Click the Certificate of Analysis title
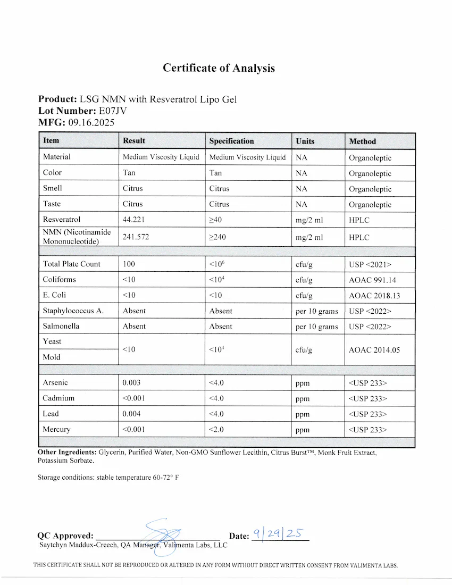click(x=219, y=68)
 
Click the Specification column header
click(x=231, y=141)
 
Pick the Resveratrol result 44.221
click(x=133, y=220)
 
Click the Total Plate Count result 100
click(x=129, y=264)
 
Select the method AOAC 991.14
click(x=372, y=280)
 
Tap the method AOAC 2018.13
click(x=374, y=295)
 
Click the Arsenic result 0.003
click(x=132, y=383)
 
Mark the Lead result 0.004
click(x=132, y=414)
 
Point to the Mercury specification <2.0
click(x=217, y=430)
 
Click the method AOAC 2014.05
click(x=374, y=349)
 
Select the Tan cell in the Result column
click(x=129, y=173)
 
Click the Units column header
click(x=305, y=141)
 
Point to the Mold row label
click(x=52, y=357)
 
